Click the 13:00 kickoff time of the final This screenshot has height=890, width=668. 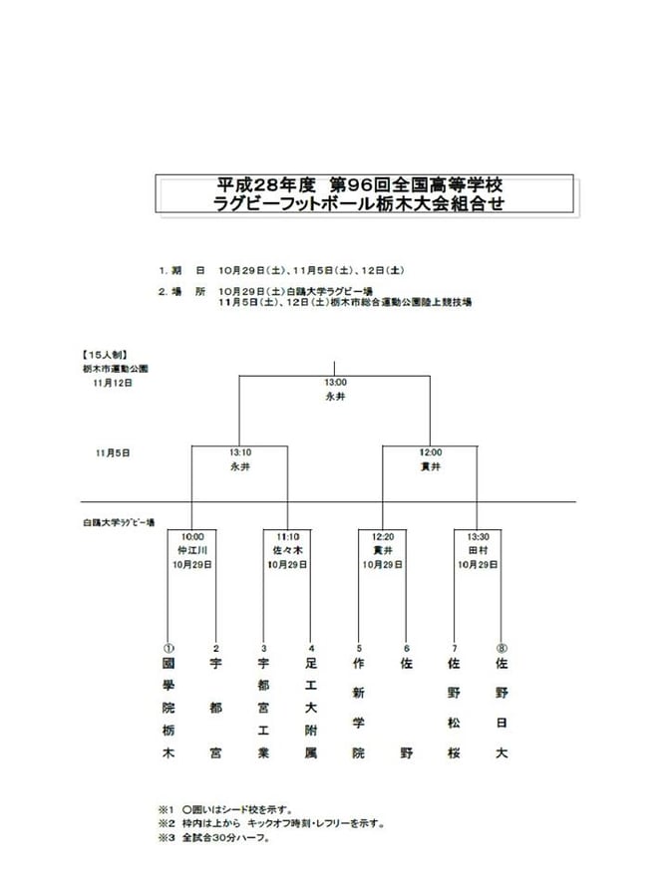click(x=335, y=383)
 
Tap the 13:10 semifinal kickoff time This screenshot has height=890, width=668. click(x=239, y=451)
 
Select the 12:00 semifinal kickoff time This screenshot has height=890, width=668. click(x=431, y=451)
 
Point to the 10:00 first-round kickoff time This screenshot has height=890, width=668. click(x=191, y=536)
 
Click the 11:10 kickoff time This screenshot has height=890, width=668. click(x=287, y=536)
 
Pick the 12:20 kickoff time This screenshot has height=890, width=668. click(x=383, y=536)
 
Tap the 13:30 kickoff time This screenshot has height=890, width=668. click(x=478, y=536)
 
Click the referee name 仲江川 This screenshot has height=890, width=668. click(x=191, y=550)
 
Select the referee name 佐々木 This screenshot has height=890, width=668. click(x=287, y=550)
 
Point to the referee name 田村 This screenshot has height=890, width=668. click(x=478, y=550)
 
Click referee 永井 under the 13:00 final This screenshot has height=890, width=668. click(x=335, y=396)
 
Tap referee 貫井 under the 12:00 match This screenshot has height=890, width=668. click(x=431, y=465)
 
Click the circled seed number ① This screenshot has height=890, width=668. click(x=167, y=646)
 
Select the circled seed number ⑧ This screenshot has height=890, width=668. click(x=501, y=646)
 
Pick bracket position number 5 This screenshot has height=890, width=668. click(x=359, y=646)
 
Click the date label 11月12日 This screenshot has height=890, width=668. click(x=113, y=382)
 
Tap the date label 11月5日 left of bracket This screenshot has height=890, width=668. click(x=113, y=451)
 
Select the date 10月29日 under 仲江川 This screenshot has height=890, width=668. click(x=191, y=564)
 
